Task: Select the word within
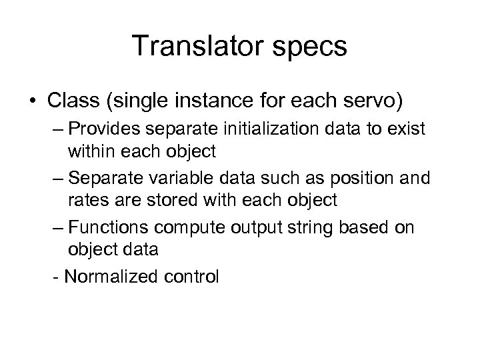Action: (x=89, y=151)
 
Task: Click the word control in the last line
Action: (x=192, y=276)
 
